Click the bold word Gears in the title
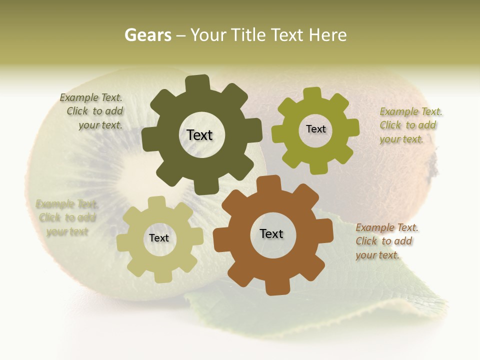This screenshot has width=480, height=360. click(147, 35)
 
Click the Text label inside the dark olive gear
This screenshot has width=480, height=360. click(199, 135)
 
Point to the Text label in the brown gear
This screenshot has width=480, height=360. click(271, 233)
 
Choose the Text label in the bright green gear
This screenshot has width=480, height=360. click(315, 129)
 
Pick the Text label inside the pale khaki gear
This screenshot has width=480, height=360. click(159, 238)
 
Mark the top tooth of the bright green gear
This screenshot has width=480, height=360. click(312, 94)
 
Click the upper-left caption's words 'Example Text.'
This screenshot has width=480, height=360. click(91, 97)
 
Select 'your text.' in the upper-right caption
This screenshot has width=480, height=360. click(401, 139)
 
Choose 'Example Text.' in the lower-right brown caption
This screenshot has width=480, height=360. click(387, 228)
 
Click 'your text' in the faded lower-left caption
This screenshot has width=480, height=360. click(67, 231)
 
